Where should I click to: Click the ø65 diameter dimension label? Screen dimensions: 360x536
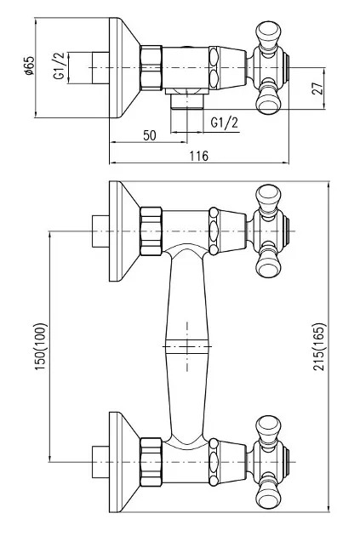pyautogui.click(x=30, y=66)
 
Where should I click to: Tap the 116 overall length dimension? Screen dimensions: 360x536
pyautogui.click(x=198, y=156)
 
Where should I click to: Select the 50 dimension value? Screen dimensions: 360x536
pyautogui.click(x=150, y=135)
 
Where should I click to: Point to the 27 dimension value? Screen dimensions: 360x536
pyautogui.click(x=317, y=88)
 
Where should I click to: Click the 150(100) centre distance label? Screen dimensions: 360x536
pyautogui.click(x=40, y=346)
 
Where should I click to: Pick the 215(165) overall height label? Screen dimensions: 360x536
pyautogui.click(x=320, y=346)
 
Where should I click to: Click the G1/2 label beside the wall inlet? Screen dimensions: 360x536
pyautogui.click(x=59, y=66)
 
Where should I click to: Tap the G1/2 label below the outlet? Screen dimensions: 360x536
pyautogui.click(x=225, y=122)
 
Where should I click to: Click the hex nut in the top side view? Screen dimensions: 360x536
pyautogui.click(x=151, y=68)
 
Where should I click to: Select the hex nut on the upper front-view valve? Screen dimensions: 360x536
pyautogui.click(x=151, y=231)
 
